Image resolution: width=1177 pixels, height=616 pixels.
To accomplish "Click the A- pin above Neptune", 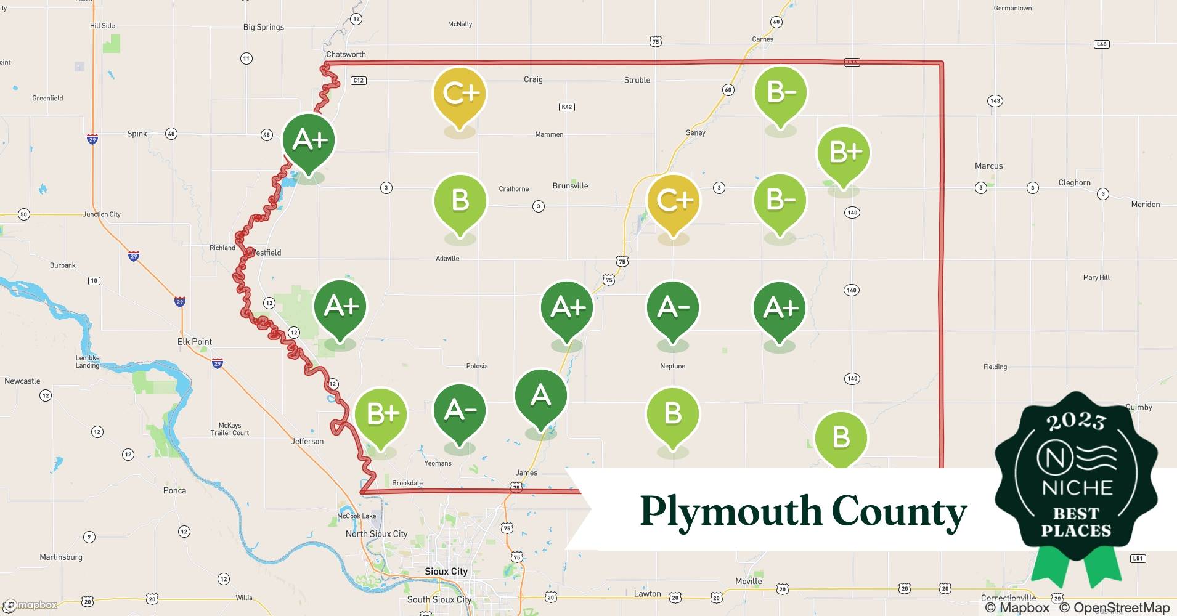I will tap(672, 307).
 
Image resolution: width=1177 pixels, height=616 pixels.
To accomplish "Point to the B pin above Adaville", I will tap(460, 201).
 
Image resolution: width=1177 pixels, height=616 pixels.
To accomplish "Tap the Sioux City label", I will tap(446, 572).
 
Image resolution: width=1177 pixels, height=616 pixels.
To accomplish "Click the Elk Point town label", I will tap(195, 342).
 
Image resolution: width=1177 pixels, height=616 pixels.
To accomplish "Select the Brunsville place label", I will tap(570, 186).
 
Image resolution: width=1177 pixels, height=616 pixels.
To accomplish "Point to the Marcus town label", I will tap(988, 166).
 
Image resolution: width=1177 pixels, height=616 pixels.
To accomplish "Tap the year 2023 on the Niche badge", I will tap(1076, 421).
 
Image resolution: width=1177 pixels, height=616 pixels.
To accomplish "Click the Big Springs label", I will tap(264, 27).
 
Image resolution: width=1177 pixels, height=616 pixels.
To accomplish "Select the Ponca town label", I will tap(174, 491).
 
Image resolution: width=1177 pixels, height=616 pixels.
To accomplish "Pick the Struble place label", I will tap(637, 80).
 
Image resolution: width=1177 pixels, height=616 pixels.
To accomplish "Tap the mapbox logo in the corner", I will tap(31, 605).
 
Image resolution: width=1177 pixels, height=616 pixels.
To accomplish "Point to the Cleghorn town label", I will tap(1074, 183).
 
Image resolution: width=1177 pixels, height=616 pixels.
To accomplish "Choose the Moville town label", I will tap(748, 581).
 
